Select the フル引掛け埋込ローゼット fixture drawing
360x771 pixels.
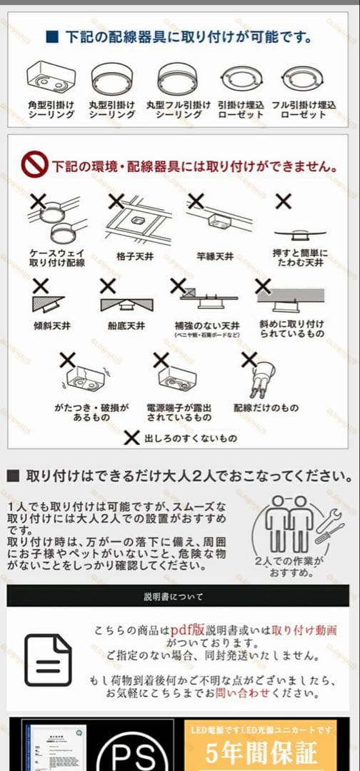(x=304, y=77)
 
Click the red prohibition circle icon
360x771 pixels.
(x=34, y=166)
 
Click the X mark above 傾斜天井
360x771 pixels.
(x=41, y=286)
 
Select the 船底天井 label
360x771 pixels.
(x=125, y=326)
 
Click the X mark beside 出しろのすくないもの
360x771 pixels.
(x=131, y=438)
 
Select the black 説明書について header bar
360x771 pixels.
(x=179, y=596)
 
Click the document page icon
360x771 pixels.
(x=48, y=660)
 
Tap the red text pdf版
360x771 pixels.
(x=186, y=631)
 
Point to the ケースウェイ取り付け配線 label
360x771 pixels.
(x=57, y=258)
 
